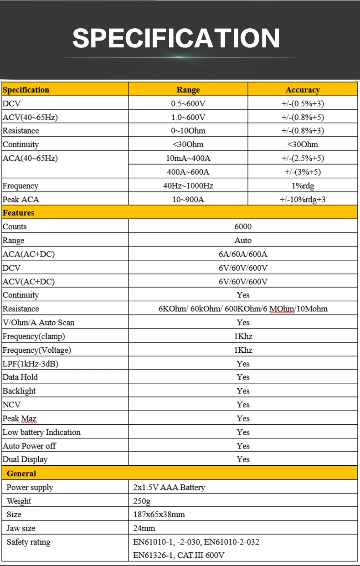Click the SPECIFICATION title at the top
coord(176,38)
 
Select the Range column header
coord(188,90)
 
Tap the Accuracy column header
coord(303,90)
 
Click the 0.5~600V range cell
coord(188,103)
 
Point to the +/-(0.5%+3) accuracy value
coord(303,103)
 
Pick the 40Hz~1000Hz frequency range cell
coord(188,186)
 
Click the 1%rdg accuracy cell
coord(303,186)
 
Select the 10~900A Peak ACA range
coord(188,200)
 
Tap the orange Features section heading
coord(19,213)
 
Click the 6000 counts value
coord(243,226)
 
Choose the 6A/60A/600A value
coord(243,254)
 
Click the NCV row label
coord(12,405)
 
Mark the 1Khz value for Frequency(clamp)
coord(243,336)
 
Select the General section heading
coord(21,473)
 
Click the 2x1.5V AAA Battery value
coord(169,487)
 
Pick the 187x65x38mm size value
coord(159,515)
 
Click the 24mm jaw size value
coord(144,528)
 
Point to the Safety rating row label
coord(28,542)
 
